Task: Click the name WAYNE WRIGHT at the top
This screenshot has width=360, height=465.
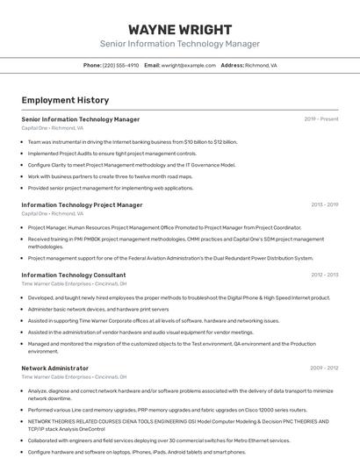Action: pos(179,29)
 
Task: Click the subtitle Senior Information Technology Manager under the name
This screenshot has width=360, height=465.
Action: pos(179,44)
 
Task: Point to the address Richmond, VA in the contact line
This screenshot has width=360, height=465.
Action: pos(261,65)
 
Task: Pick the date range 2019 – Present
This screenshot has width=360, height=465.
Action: pos(321,119)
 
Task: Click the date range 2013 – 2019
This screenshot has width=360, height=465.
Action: pos(324,204)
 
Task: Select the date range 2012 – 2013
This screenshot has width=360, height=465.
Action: pos(324,275)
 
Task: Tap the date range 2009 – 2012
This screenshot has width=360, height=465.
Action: pos(324,368)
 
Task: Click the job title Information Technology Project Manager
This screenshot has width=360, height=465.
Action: pos(82,204)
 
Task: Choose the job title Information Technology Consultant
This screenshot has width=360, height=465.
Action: pos(73,275)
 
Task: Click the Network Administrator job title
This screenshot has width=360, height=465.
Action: pos(54,368)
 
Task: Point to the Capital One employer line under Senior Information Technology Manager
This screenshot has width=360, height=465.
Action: pos(53,128)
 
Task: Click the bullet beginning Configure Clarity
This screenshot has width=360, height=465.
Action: pos(132,164)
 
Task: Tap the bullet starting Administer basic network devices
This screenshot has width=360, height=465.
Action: pos(98,309)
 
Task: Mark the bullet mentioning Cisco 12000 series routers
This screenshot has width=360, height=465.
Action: pos(167,410)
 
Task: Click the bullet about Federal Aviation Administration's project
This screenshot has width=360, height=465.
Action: pos(170,258)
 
